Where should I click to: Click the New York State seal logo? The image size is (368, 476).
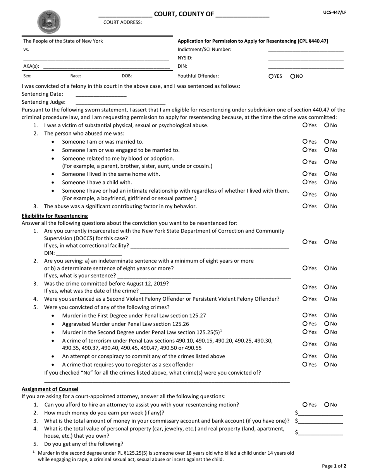click(x=49, y=21)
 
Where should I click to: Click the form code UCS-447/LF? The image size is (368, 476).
click(x=335, y=12)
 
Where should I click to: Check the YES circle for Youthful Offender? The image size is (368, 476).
click(x=271, y=76)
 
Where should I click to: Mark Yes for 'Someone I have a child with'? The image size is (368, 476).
click(x=305, y=182)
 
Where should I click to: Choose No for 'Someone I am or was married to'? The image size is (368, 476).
click(x=327, y=142)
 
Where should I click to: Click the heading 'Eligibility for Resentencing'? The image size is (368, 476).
click(x=55, y=216)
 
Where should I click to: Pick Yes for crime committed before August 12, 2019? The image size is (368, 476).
click(x=305, y=287)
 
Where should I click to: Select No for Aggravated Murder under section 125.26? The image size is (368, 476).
click(x=327, y=324)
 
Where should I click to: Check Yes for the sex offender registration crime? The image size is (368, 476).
click(x=305, y=365)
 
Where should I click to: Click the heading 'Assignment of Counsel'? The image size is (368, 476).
click(x=50, y=389)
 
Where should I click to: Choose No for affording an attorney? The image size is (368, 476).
click(x=327, y=405)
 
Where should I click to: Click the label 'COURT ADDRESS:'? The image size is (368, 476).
click(x=123, y=22)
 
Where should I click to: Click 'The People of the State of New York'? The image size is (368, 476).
click(x=63, y=41)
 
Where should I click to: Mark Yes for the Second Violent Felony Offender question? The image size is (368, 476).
click(x=305, y=299)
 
